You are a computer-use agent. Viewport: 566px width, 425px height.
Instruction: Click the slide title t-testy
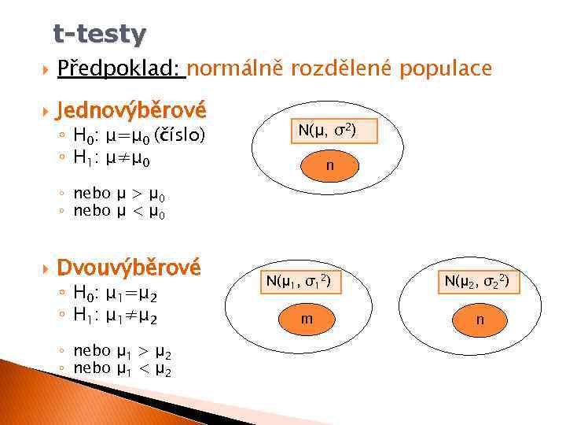99,34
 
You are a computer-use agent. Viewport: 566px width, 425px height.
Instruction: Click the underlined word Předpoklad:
119,70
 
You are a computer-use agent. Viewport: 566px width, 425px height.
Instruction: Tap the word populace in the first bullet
445,69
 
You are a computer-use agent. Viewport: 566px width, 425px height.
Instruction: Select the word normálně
236,70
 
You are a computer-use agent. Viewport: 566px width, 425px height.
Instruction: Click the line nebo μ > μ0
119,194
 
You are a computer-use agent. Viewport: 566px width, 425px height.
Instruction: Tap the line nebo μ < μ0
119,210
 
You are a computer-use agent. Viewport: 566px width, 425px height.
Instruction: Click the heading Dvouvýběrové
129,268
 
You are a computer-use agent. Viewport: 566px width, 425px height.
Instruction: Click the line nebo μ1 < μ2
122,368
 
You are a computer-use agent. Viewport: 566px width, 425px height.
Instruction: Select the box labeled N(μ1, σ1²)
297,280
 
